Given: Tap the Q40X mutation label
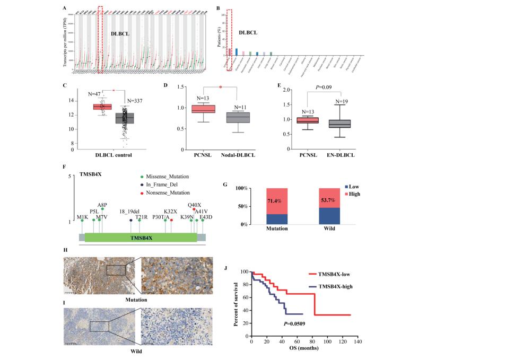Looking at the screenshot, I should click(195, 204).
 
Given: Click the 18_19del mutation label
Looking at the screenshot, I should click(128, 210).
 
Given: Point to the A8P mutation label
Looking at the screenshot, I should click(102, 204).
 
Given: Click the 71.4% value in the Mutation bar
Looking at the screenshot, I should click(276, 202).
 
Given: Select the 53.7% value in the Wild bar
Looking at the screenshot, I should click(328, 201).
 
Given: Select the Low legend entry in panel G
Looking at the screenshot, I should click(359, 187).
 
